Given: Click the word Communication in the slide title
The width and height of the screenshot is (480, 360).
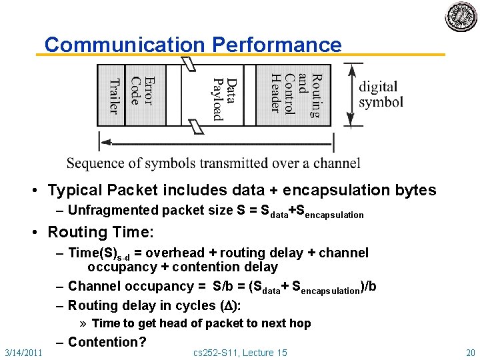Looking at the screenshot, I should click(125, 45).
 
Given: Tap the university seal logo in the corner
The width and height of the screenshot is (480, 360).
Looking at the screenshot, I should click(461, 17).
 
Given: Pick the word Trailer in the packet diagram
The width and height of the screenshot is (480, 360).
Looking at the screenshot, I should click(114, 95).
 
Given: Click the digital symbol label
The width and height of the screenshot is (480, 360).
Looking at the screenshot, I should click(381, 94).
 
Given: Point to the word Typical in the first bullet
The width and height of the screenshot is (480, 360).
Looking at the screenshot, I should click(75, 191).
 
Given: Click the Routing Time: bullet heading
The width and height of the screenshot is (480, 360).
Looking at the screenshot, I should click(101, 233).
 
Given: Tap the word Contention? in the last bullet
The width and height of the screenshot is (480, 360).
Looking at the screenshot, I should click(107, 342).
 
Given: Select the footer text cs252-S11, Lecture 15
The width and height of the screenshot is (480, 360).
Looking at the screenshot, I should click(241, 352).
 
